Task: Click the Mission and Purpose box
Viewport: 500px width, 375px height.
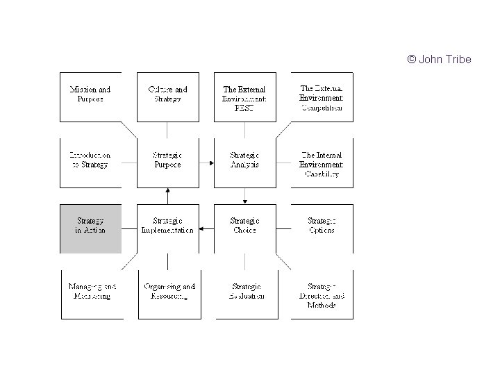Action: [x=90, y=96]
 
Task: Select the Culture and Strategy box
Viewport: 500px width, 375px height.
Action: [x=167, y=96]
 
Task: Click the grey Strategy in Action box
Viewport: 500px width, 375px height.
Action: [x=90, y=228]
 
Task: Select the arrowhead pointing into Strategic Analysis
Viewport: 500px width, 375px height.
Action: [x=210, y=163]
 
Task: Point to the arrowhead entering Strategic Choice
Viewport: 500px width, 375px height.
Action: [x=244, y=201]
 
